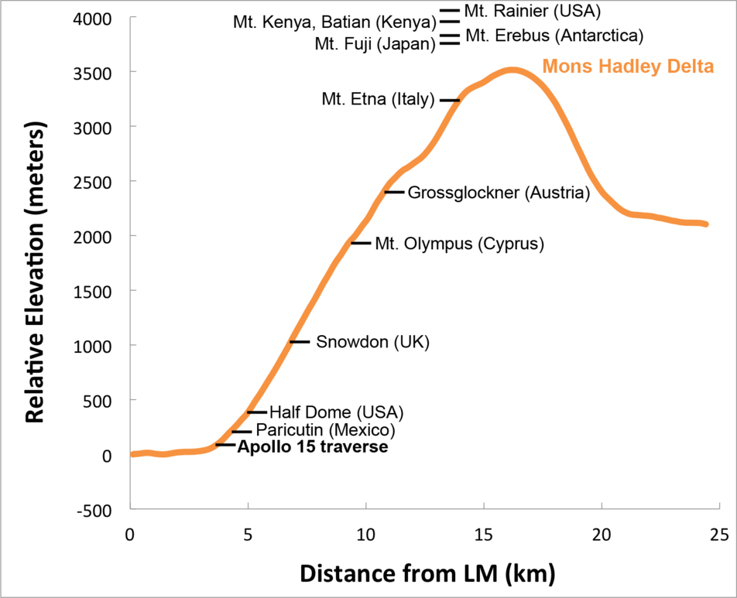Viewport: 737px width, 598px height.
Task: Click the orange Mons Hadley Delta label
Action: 627,67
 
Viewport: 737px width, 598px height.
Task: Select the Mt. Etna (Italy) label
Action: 379,100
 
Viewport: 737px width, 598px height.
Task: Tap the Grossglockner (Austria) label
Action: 499,192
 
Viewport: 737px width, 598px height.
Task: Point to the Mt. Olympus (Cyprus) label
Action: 460,244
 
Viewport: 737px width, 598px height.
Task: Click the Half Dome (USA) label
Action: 336,412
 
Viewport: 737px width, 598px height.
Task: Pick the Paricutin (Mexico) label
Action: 325,429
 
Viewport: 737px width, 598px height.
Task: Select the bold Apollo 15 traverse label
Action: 312,446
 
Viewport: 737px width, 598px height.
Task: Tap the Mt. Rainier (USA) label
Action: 533,11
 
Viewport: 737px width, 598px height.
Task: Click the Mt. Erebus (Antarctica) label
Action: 554,36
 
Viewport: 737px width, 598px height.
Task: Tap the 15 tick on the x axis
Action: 484,535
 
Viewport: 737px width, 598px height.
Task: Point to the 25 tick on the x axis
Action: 719,535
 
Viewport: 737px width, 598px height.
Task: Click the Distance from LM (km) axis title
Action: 427,574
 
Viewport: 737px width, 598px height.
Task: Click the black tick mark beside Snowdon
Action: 300,342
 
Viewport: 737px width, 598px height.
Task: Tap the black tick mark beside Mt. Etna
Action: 450,101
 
